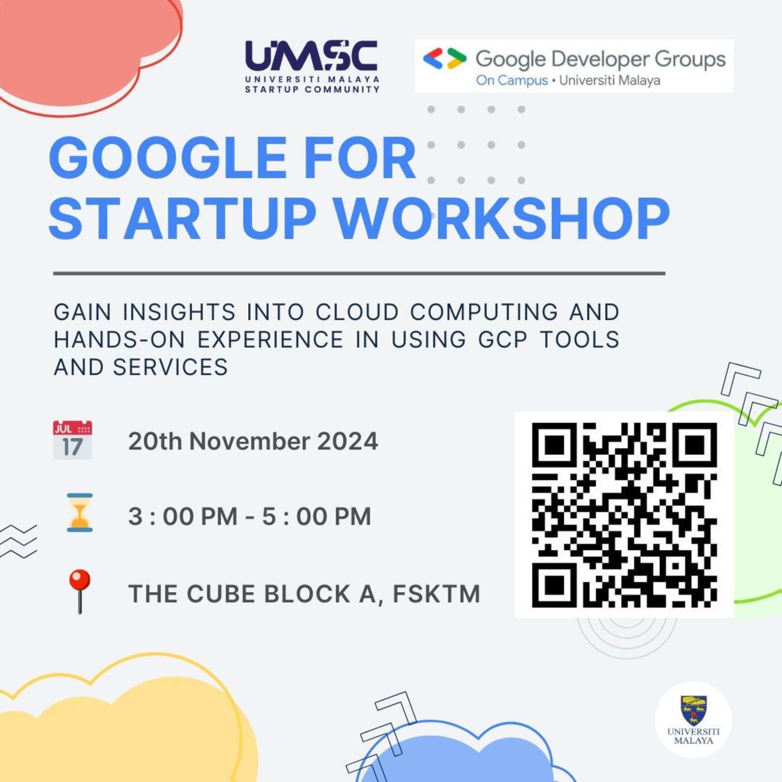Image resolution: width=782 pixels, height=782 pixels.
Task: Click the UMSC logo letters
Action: (x=311, y=55)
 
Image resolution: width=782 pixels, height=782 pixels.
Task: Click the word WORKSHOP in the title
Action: (x=508, y=220)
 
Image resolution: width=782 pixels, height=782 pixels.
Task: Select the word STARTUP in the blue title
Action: (x=182, y=220)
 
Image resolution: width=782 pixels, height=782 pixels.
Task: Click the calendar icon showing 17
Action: (x=72, y=440)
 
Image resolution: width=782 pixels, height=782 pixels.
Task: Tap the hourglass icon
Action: (x=80, y=512)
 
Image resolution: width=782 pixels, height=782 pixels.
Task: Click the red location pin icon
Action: (x=80, y=591)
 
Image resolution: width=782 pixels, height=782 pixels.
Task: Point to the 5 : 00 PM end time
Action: (x=316, y=517)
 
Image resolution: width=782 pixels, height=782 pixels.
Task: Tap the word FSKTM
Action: (x=436, y=593)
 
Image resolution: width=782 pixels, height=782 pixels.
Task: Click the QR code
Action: (x=624, y=515)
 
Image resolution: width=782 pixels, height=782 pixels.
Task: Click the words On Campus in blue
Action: (x=512, y=80)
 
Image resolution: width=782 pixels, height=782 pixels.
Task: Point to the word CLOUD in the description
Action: (x=357, y=312)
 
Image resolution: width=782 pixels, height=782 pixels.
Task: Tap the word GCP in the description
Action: (x=503, y=339)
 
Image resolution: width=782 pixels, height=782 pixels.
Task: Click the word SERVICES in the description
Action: (x=171, y=367)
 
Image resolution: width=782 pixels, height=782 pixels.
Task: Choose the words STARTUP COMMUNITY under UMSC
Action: (x=312, y=89)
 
